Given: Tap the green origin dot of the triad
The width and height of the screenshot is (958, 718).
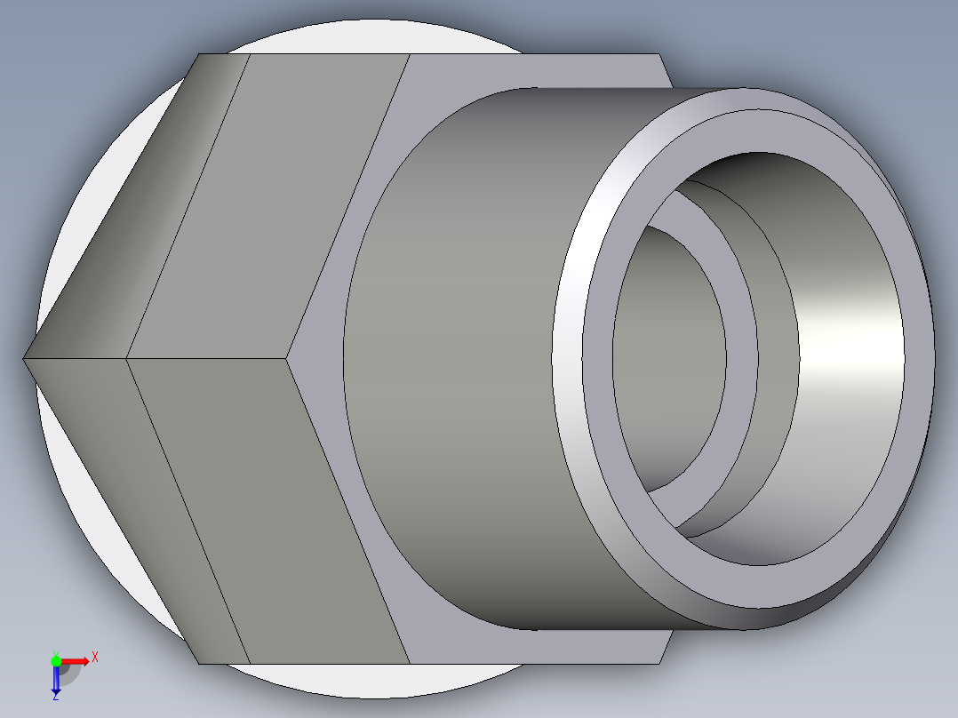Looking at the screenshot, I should [x=56, y=660].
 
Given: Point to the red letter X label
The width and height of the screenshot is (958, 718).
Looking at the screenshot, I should [x=95, y=657].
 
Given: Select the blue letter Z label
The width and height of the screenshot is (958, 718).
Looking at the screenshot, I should [x=55, y=698].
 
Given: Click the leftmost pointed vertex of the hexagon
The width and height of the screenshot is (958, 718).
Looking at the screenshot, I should [x=24, y=358].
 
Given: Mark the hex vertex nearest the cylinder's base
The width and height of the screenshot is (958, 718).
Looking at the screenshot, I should [x=288, y=358].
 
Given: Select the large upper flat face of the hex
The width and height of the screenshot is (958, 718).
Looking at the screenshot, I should [x=267, y=204].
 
